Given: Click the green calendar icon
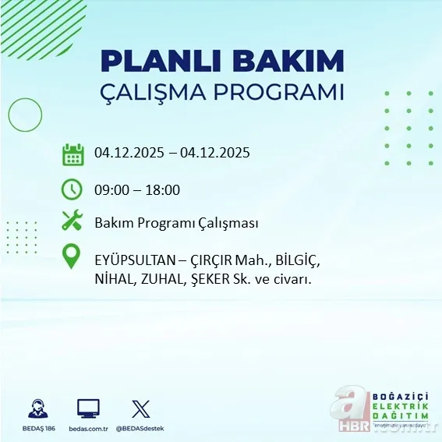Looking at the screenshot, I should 72,154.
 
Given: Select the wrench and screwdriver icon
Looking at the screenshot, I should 72,221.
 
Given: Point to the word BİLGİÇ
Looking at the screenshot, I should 292,258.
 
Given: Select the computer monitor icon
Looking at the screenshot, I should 88,408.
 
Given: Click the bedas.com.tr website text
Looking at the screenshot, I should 88,429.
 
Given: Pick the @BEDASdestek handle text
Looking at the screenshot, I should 141,429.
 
